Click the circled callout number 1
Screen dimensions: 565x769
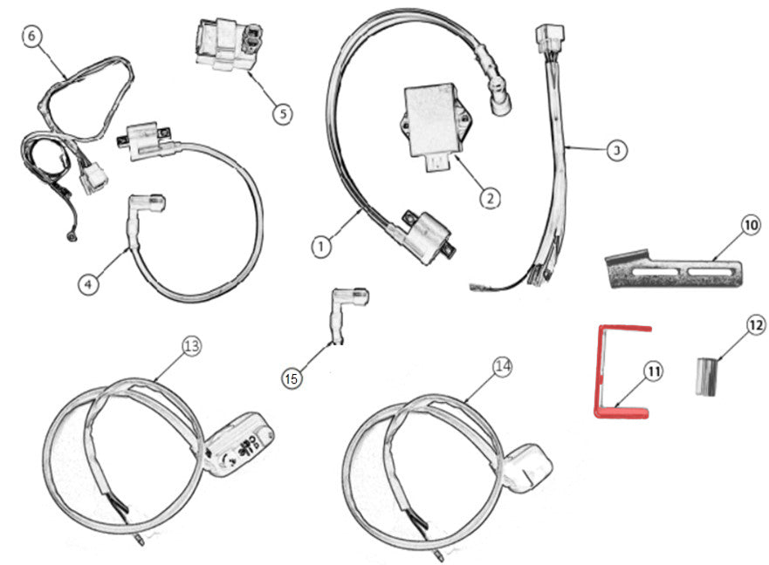[x=321, y=247]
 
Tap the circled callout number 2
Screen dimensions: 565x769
[x=490, y=199]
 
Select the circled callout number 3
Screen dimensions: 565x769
[x=616, y=151]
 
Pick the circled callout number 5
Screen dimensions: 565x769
[x=281, y=113]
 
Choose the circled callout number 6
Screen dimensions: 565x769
[x=31, y=37]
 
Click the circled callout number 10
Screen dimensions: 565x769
[x=751, y=226]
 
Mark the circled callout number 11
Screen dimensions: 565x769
[x=654, y=372]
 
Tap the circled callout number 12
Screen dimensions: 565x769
[x=754, y=325]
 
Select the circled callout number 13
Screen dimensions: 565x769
[x=191, y=346]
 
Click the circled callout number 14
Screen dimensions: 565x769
[x=501, y=367]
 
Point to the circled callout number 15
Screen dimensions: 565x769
[x=292, y=378]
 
